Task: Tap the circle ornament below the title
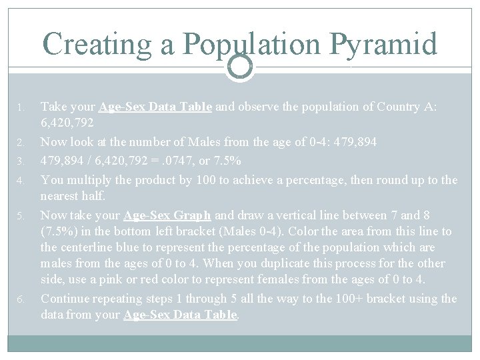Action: point(240,66)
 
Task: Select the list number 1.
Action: point(21,107)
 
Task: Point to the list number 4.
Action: point(21,181)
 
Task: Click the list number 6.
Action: point(21,299)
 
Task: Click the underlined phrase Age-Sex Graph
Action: point(167,215)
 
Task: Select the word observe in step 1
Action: point(256,107)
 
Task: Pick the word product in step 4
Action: point(143,180)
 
